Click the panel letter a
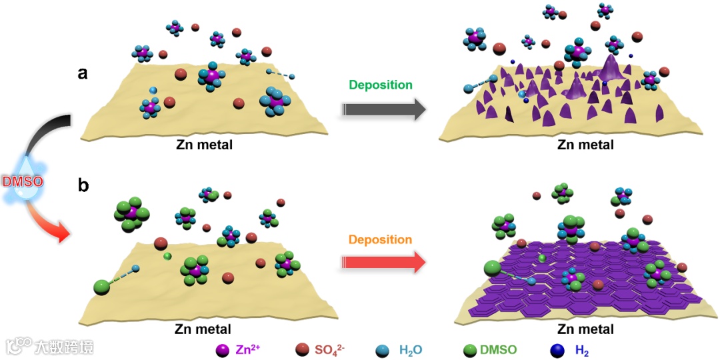(83, 74)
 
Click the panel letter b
(83, 185)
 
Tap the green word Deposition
(380, 85)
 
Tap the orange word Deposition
(380, 239)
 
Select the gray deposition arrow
(383, 109)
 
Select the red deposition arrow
(383, 262)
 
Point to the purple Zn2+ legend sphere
(223, 349)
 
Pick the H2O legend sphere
(382, 349)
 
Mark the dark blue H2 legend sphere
(557, 349)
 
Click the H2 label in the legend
(581, 350)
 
